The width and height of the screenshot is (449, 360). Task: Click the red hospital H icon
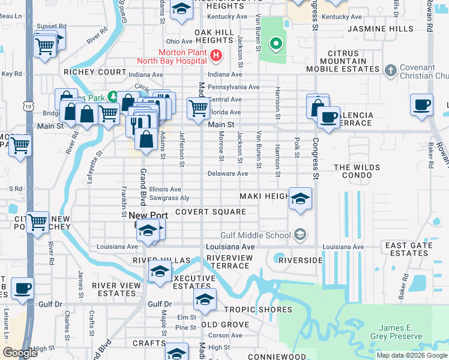point(217,56)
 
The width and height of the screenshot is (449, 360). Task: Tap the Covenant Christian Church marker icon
point(390,70)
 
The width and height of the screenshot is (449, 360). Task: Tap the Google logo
point(20,353)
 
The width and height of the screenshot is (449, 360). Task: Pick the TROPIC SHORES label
point(258,310)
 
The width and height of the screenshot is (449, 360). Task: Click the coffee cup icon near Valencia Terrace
point(328,118)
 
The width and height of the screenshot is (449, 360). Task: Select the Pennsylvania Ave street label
point(234,87)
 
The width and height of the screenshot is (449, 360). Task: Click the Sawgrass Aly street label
point(169,197)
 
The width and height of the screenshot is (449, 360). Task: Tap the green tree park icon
point(112,97)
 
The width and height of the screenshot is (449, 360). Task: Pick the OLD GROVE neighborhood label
point(224,325)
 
